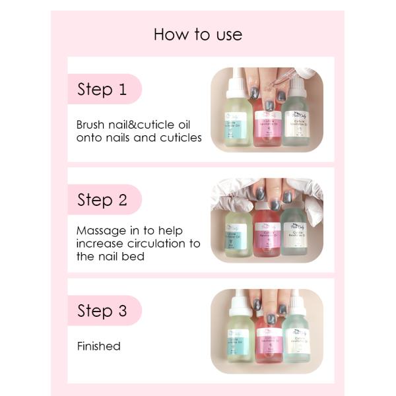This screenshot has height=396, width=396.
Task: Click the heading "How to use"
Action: pyautogui.click(x=197, y=34)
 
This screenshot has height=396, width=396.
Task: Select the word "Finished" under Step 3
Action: pyautogui.click(x=99, y=346)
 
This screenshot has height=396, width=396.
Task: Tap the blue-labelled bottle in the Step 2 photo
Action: pyautogui.click(x=238, y=234)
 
